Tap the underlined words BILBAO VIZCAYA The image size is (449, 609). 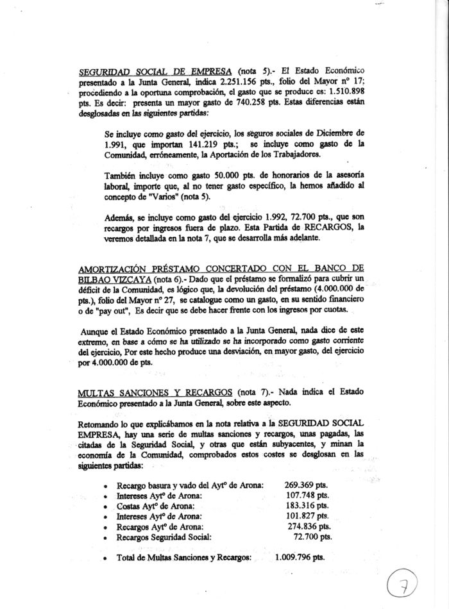click(113, 280)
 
